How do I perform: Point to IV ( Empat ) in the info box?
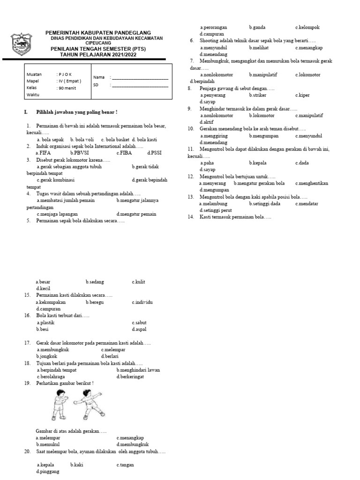point(69,81)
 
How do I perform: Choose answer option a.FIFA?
point(43,153)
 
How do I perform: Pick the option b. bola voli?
point(82,139)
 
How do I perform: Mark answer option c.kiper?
point(303,95)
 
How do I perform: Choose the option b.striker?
point(258,95)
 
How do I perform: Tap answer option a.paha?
point(207,163)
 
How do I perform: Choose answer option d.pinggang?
point(48,472)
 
